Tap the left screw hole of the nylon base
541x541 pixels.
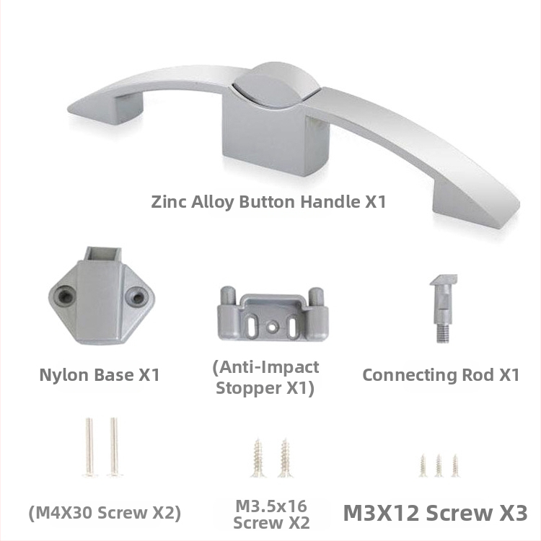pyautogui.click(x=64, y=296)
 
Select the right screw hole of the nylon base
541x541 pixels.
pyautogui.click(x=137, y=296)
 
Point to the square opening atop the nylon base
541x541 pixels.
pyautogui.click(x=103, y=255)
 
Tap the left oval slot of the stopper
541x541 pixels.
pyautogui.click(x=252, y=325)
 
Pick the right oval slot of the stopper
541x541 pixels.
pyautogui.click(x=293, y=325)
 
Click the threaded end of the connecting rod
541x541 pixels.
pyautogui.click(x=443, y=333)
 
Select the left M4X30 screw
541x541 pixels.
pyautogui.click(x=89, y=447)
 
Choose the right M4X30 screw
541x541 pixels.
pyautogui.click(x=115, y=447)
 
